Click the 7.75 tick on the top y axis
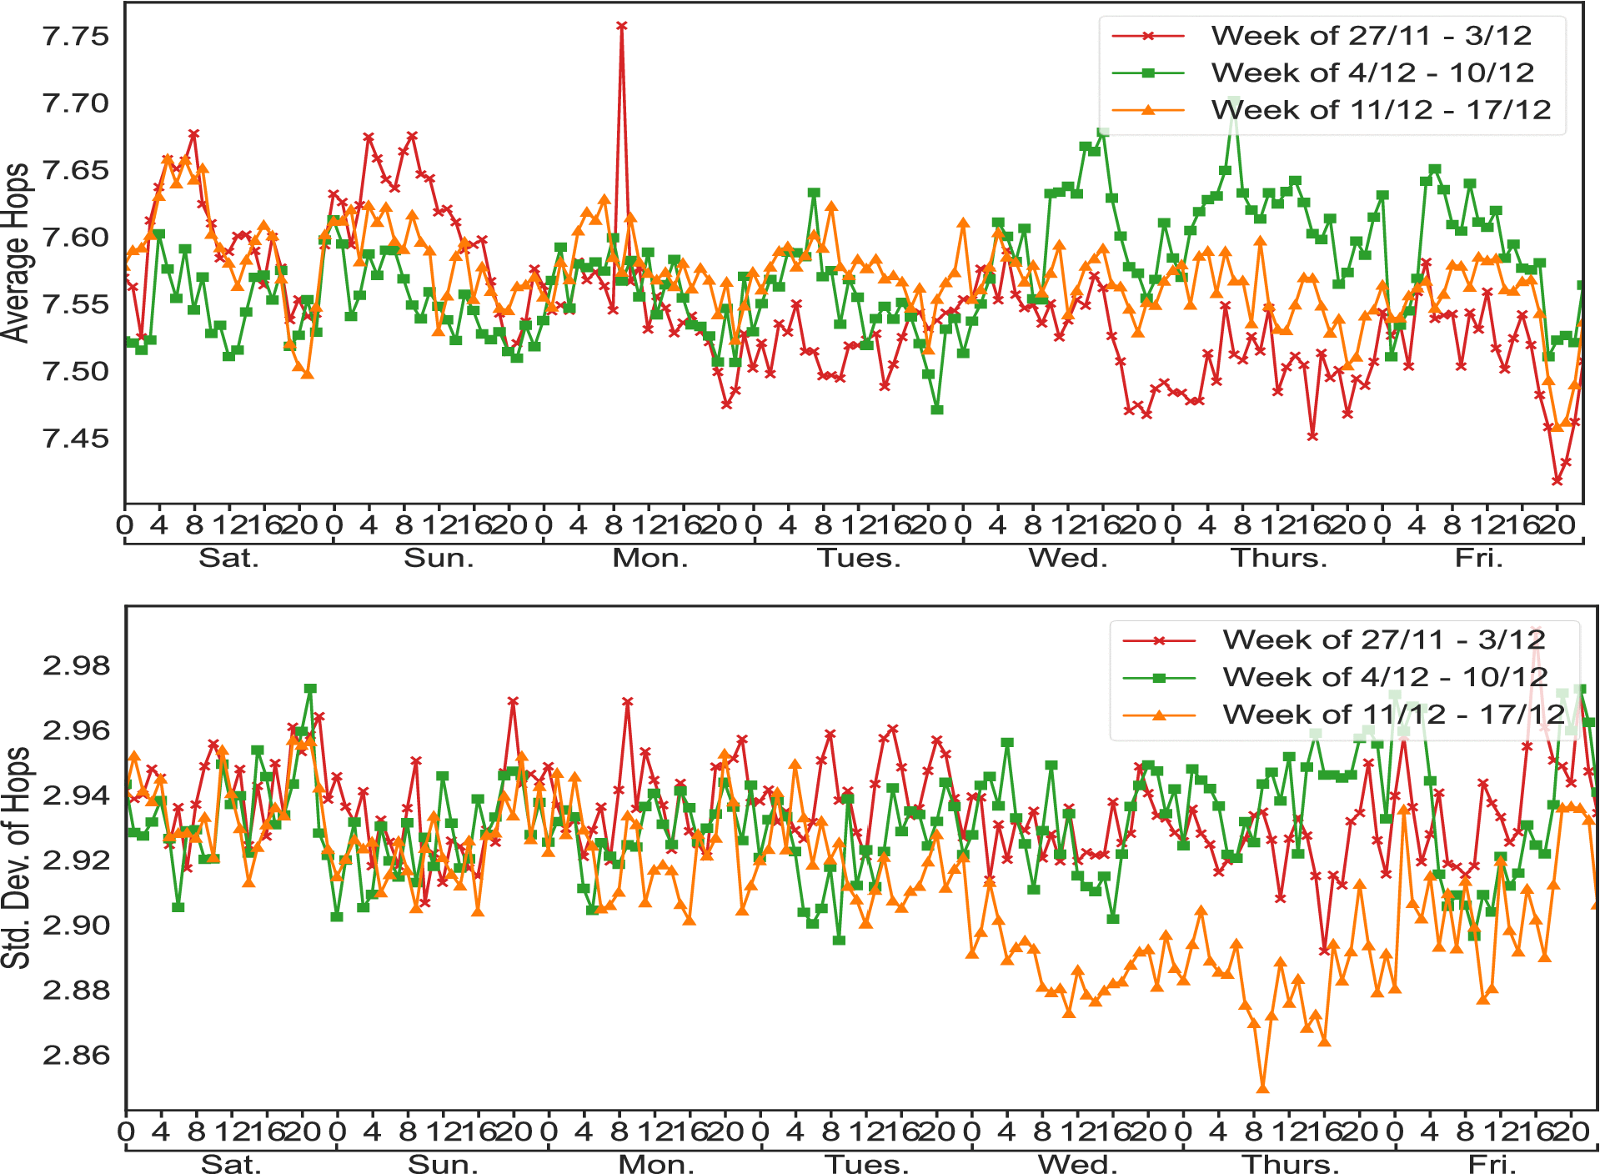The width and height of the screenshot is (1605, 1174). click(75, 37)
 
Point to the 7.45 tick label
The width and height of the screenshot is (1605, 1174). click(75, 439)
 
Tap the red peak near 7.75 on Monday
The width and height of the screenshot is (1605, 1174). click(621, 27)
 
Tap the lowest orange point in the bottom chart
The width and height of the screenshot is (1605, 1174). click(1262, 1088)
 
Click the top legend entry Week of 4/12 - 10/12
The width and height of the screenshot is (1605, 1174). click(1372, 73)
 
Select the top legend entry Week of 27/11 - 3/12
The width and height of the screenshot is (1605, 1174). click(1371, 36)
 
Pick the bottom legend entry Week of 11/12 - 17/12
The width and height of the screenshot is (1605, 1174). click(1393, 715)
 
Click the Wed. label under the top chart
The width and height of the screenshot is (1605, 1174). click(1068, 558)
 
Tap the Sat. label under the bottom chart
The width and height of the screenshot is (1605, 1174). click(231, 1163)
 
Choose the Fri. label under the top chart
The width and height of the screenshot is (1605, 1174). click(1479, 558)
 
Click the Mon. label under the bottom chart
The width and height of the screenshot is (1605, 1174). click(656, 1163)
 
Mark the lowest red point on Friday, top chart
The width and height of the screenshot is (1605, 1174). click(1557, 480)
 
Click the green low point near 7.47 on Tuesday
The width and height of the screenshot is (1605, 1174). click(937, 409)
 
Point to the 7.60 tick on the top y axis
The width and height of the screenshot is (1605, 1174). click(75, 238)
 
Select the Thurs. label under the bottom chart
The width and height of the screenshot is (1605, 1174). click(1291, 1163)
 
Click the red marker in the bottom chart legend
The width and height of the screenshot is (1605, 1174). click(1159, 640)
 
